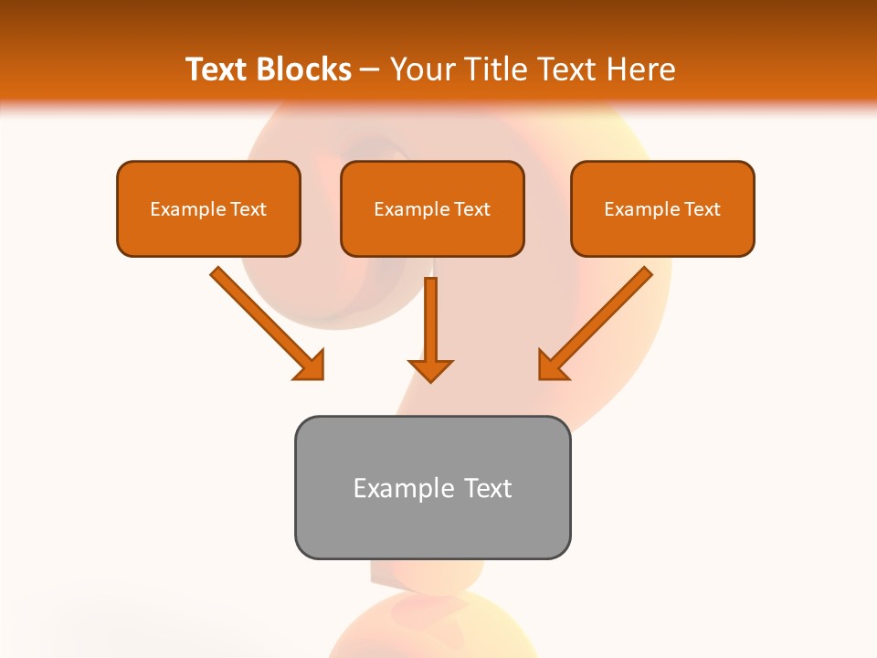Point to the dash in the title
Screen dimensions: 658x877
point(370,70)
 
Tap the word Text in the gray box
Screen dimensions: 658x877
point(488,488)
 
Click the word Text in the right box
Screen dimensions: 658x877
point(703,209)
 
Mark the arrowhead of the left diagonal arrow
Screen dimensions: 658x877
point(311,366)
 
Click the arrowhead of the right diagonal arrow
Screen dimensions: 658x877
point(552,366)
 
